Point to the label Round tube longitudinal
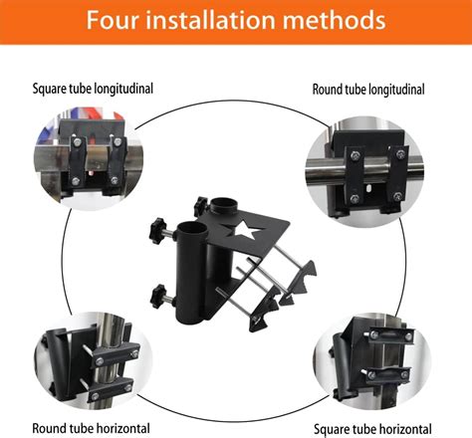tap(369, 89)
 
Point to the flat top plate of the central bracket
tap(269, 224)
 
